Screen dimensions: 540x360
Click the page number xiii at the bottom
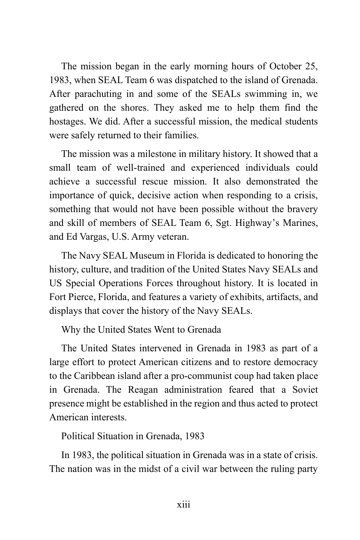(183, 505)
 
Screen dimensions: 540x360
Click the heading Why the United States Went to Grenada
(141, 329)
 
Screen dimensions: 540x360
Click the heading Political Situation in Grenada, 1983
(133, 436)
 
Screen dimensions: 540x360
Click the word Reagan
(143, 390)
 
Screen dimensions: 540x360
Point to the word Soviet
(305, 390)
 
